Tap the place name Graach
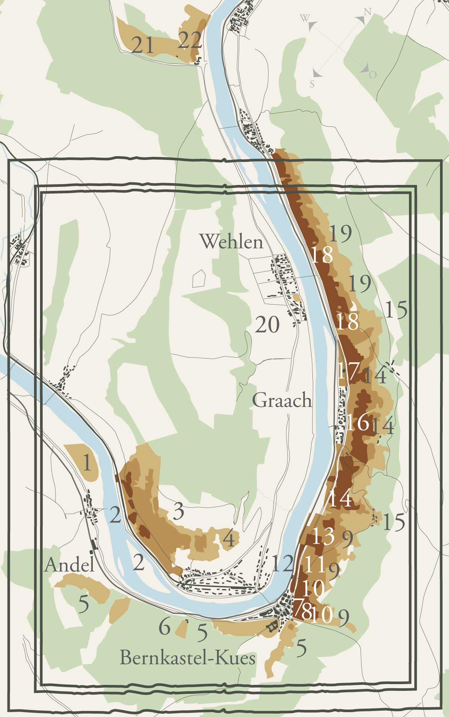click(282, 401)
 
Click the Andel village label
click(69, 565)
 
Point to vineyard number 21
click(143, 46)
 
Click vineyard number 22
click(190, 40)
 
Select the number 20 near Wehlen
click(267, 324)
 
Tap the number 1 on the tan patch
click(87, 463)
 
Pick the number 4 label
click(229, 539)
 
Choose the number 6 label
click(165, 627)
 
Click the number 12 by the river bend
click(282, 564)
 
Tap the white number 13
click(323, 536)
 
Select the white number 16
click(357, 423)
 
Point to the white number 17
click(348, 371)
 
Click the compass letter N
click(367, 12)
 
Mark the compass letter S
click(312, 84)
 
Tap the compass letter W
click(305, 18)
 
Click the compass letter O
click(373, 75)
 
